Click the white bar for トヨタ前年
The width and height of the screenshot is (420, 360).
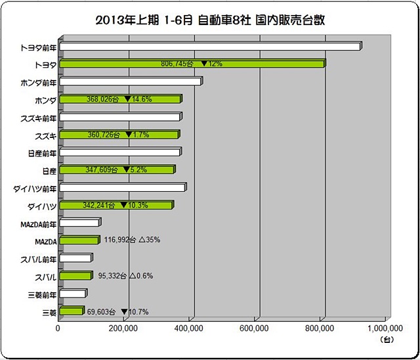click(210, 47)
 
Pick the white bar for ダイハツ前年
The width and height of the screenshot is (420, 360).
click(122, 188)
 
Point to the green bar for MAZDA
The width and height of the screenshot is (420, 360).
click(79, 240)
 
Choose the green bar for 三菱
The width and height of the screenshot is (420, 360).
click(72, 311)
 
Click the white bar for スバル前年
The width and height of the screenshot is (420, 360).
click(75, 258)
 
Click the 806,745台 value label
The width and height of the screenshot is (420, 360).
click(178, 64)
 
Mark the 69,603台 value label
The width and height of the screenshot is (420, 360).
click(102, 311)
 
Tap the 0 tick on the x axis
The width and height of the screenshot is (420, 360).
click(58, 328)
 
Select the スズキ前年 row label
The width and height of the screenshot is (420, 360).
click(39, 118)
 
